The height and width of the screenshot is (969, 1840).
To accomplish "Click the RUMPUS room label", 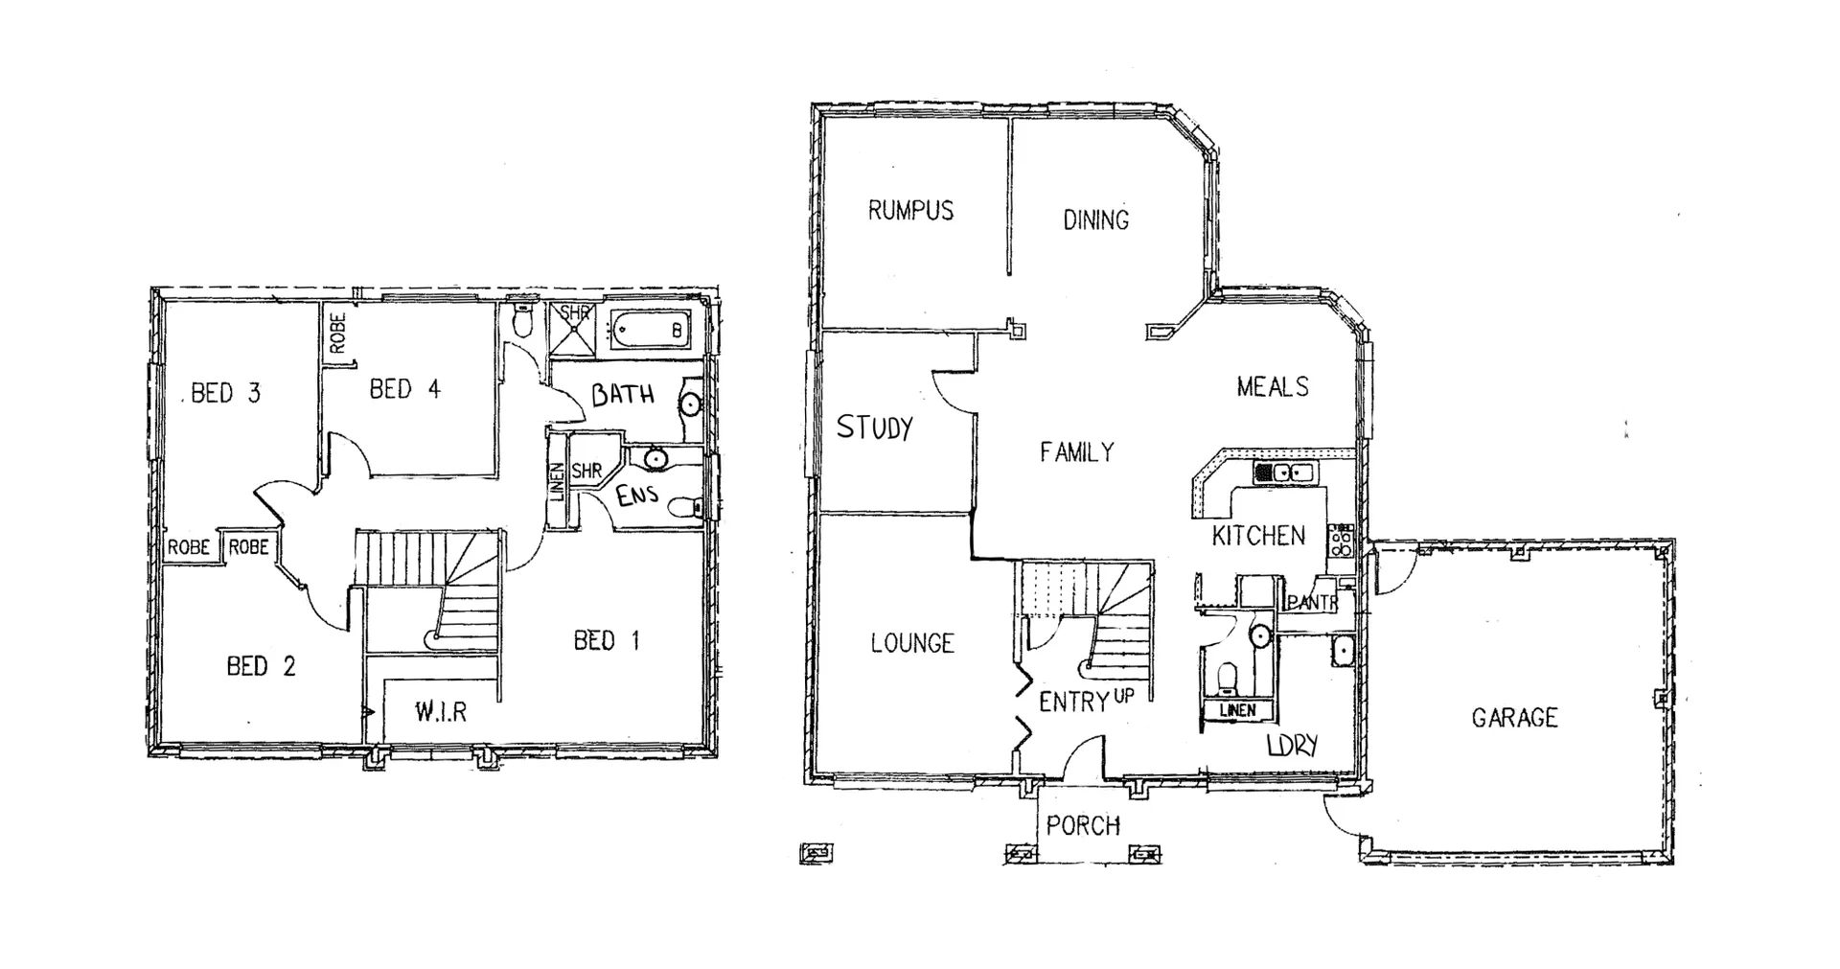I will [910, 211].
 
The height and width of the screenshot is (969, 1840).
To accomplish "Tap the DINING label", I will [1095, 220].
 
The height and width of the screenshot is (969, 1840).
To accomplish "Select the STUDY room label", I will [874, 427].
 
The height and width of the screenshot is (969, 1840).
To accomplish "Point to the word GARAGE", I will [1514, 717].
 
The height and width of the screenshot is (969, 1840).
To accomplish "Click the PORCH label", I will [1083, 825].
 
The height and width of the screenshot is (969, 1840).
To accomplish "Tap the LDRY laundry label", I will [1292, 745].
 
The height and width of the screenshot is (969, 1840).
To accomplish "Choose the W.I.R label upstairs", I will [440, 712].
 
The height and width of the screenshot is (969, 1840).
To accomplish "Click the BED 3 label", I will [225, 393].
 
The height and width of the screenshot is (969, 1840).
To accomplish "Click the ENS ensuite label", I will [636, 496].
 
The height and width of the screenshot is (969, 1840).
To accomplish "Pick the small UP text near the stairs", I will [1123, 696].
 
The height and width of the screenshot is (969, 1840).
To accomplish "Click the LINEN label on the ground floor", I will [1237, 711].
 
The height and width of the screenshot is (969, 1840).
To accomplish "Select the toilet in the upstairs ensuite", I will [684, 507].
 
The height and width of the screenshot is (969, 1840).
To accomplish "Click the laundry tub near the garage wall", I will [1343, 651].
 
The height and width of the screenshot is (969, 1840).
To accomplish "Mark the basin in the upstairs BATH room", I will [690, 404].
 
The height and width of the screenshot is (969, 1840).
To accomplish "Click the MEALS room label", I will [1272, 387].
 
